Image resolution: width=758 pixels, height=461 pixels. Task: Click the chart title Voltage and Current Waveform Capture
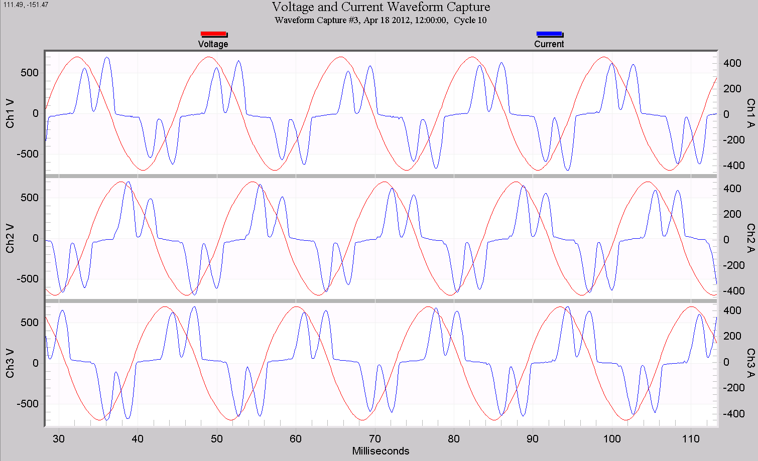[381, 7]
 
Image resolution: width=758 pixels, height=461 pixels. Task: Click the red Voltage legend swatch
[213, 34]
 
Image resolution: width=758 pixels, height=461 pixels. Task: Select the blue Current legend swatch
[549, 34]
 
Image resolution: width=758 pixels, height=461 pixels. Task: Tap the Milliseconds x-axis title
[381, 451]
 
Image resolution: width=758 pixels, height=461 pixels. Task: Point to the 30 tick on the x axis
[59, 439]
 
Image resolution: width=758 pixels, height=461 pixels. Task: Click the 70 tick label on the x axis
[375, 439]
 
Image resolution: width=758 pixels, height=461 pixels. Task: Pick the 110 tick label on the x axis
[691, 439]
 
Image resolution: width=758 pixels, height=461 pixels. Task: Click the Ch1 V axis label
[10, 113]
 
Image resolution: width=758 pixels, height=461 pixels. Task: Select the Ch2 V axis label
[10, 238]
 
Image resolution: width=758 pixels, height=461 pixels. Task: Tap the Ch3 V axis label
[10, 363]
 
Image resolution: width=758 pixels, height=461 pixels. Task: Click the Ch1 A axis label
[750, 113]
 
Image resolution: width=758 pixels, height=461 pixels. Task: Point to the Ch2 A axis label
[750, 238]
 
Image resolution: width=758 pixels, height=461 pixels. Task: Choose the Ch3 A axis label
[750, 363]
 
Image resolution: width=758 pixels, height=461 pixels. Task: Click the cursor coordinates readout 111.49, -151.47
[26, 5]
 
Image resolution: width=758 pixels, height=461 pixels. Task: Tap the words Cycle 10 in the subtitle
[470, 20]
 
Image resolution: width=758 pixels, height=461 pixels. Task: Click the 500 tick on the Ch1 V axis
[30, 73]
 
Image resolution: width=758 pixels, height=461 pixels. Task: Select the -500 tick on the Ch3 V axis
[28, 404]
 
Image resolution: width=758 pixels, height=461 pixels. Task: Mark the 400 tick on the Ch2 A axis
[732, 189]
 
